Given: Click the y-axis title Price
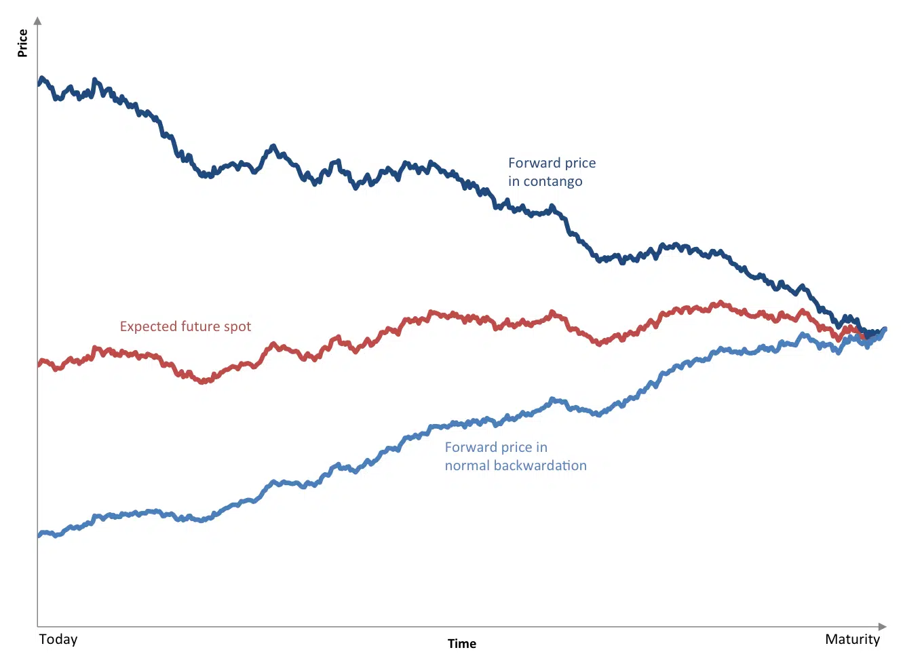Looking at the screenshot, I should (x=22, y=43).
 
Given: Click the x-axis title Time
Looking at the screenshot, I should (x=461, y=644).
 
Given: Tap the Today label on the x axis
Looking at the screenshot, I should (x=58, y=639).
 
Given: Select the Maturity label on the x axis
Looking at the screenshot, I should (x=852, y=639).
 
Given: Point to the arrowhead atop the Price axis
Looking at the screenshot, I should (x=37, y=21).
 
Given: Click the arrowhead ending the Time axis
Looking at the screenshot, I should (x=883, y=626).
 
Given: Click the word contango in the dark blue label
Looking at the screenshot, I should (x=552, y=182).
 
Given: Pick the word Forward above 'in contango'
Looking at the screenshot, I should (x=534, y=163).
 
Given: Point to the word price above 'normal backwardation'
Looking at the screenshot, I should (x=516, y=448).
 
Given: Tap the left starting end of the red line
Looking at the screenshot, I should (x=39, y=364).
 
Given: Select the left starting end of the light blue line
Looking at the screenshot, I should (x=39, y=535).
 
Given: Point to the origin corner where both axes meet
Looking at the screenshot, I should (x=37, y=626).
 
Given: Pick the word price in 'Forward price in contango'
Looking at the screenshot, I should (x=580, y=164).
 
